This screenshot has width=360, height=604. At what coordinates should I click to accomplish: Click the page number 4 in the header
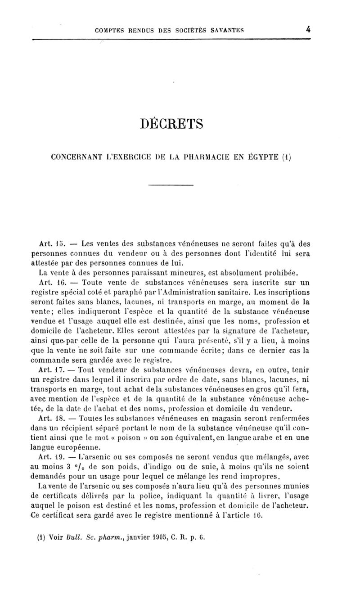click(308, 30)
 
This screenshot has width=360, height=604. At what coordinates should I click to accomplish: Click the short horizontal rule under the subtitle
click(171, 186)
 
